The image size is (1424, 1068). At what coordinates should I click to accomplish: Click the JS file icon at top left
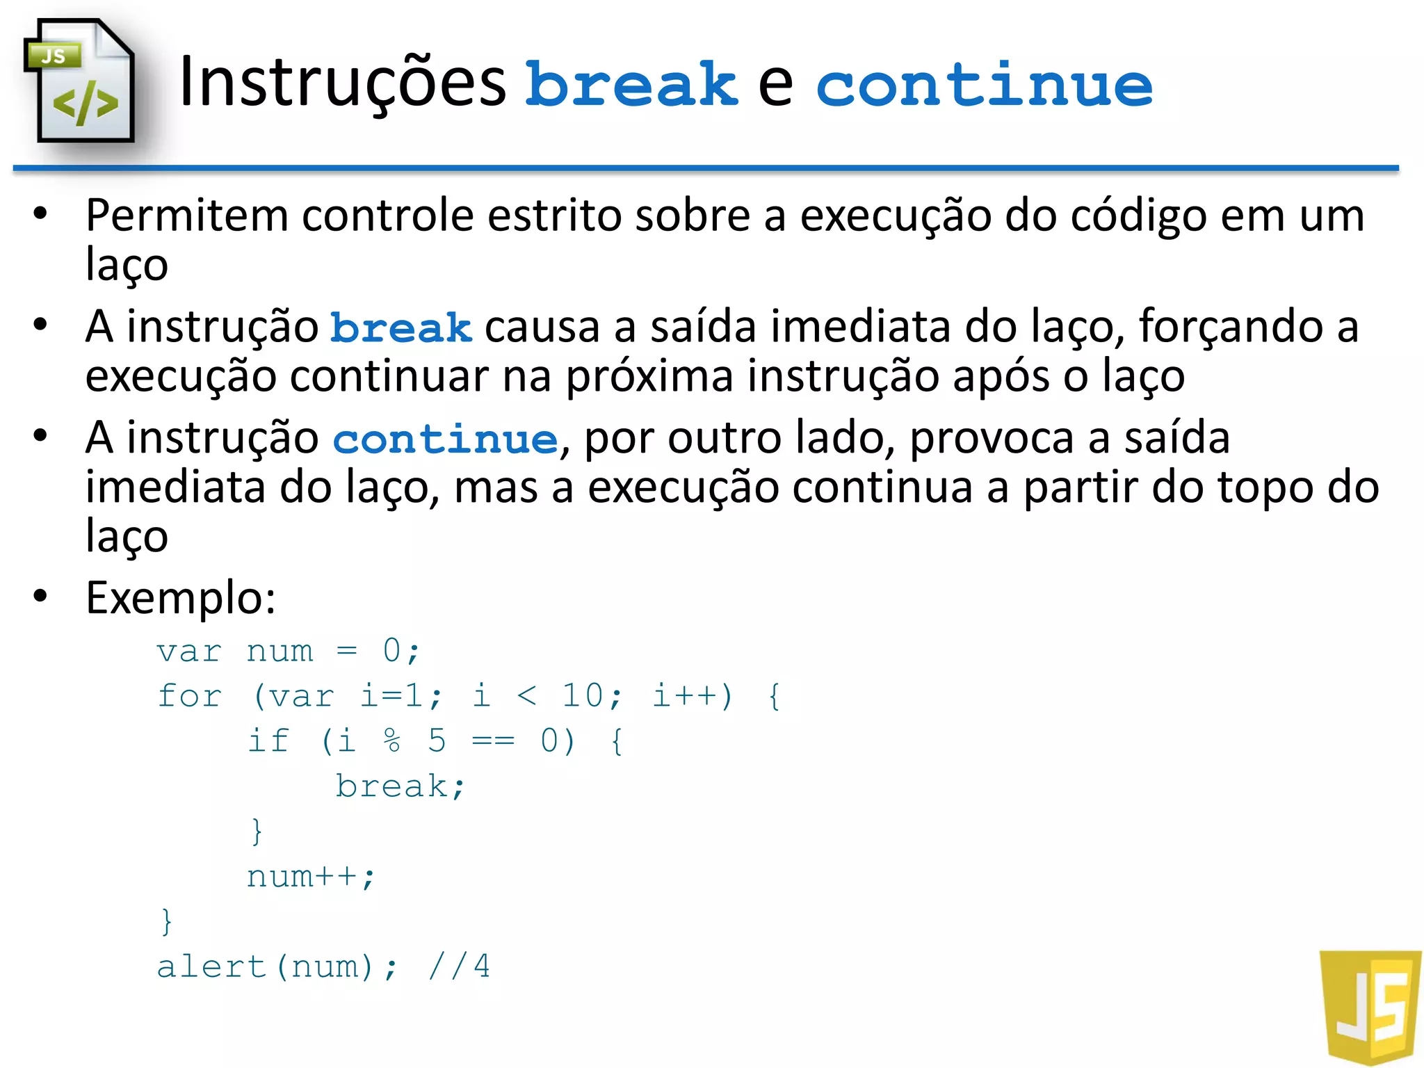coord(79,82)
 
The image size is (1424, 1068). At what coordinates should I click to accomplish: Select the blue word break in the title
coord(631,85)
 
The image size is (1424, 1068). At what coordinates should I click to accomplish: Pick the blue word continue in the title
coord(984,85)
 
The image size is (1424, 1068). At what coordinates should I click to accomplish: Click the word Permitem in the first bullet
coord(186,216)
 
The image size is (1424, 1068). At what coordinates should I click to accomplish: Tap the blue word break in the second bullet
coord(401,328)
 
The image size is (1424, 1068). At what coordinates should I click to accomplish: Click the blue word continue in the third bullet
coord(445,439)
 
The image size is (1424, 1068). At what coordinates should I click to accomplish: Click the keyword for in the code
coord(190,696)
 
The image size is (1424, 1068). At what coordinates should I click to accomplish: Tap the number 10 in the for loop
coord(583,696)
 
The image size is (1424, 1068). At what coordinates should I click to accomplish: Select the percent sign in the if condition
coord(392,741)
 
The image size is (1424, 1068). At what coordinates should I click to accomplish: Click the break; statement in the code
coord(400,786)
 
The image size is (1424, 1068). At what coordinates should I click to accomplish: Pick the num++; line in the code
coord(311,877)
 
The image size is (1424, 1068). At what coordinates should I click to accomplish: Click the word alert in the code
coord(211,967)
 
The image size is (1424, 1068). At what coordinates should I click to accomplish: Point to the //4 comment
coord(459,967)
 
